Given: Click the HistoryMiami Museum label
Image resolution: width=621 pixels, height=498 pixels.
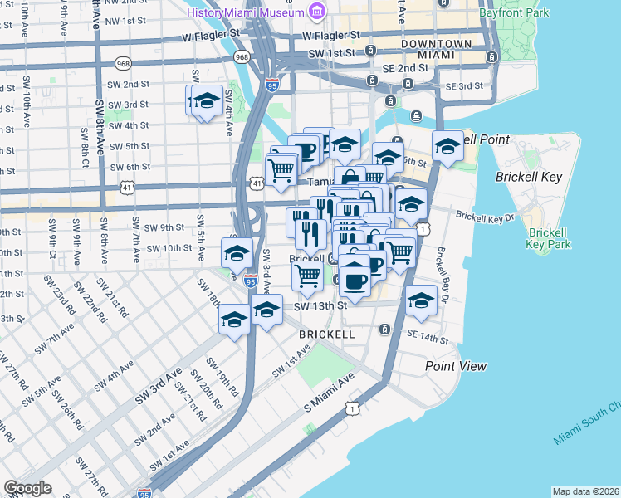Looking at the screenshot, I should point(245,12).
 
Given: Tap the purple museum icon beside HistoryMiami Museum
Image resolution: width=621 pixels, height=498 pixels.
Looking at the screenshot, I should point(316,11).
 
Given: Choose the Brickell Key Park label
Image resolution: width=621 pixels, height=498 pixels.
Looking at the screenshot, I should point(548,238).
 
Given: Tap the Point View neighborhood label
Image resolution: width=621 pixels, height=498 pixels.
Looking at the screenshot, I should point(456,366).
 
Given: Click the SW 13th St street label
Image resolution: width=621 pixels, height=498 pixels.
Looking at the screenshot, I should point(320,305).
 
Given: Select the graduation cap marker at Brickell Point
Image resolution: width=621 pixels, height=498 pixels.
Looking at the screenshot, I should point(447,148).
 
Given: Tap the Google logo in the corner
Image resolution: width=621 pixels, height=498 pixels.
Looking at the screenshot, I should point(27,488).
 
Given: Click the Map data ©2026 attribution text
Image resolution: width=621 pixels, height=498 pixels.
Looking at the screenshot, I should point(585,491).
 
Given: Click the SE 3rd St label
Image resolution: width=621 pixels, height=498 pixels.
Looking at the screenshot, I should point(464,86).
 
